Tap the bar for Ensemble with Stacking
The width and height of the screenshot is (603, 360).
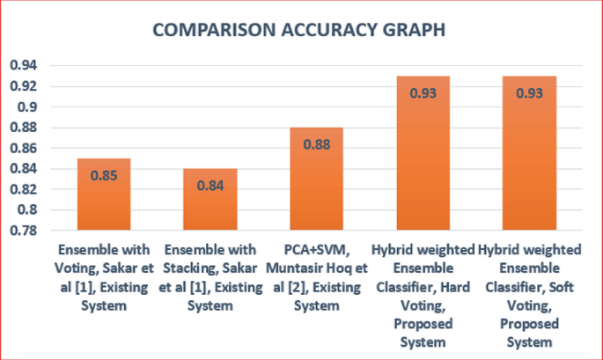pos(210,199)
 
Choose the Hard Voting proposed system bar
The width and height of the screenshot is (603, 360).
pos(423,153)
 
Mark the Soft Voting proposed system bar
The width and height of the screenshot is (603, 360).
pos(529,153)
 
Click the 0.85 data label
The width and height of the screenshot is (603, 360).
pos(105,174)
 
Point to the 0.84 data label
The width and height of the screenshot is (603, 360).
pos(210,184)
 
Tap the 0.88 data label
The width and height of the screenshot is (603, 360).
pos(316,143)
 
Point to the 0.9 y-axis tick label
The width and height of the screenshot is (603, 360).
pos(27,107)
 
